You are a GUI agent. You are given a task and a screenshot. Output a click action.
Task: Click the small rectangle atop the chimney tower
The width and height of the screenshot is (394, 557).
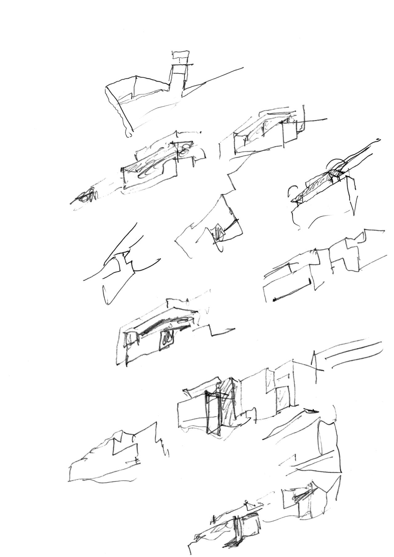click(x=180, y=55)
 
